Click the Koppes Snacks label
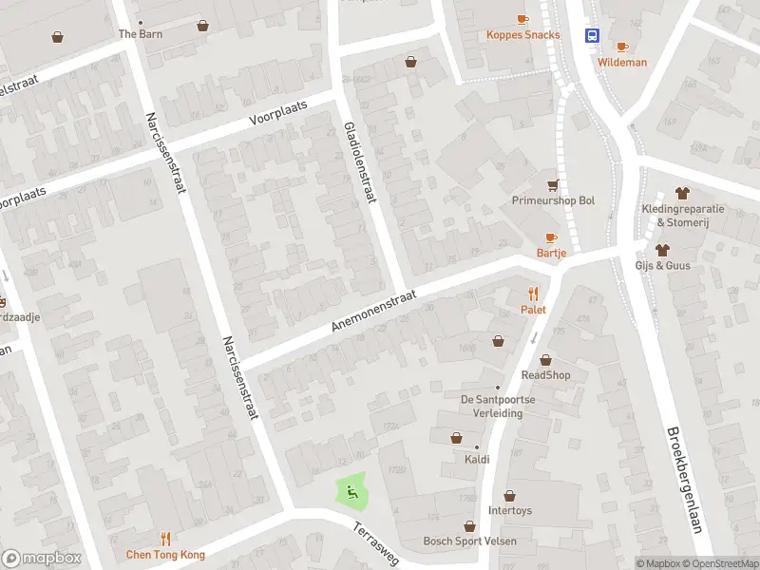[x=522, y=35]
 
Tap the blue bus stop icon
[x=593, y=36]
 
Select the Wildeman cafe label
[x=622, y=63]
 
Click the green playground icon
[x=351, y=491]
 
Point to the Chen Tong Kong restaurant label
[x=165, y=555]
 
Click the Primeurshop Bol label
[x=553, y=201]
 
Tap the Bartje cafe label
[x=551, y=253]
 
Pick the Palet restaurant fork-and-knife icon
[x=533, y=294]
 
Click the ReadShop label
[x=545, y=375]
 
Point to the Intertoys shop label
[x=510, y=510]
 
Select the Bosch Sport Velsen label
[x=469, y=541]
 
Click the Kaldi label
[x=477, y=460]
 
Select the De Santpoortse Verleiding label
[x=498, y=406]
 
